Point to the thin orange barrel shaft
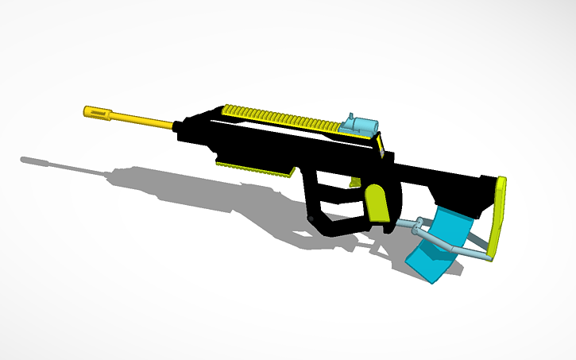(x=143, y=122)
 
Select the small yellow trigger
(x=354, y=182)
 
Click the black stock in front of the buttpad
(x=461, y=191)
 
